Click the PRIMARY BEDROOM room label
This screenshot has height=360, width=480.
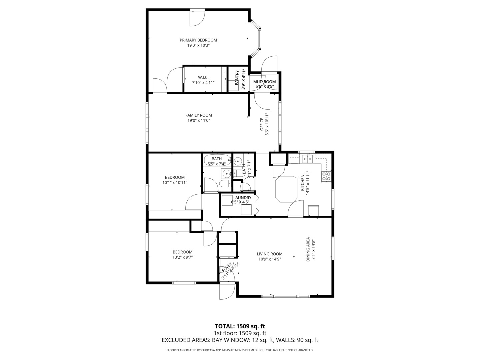pyautogui.click(x=198, y=40)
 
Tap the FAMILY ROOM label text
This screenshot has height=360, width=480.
pyautogui.click(x=199, y=115)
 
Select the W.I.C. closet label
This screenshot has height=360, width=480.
pyautogui.click(x=203, y=77)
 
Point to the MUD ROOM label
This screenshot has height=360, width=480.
pyautogui.click(x=264, y=82)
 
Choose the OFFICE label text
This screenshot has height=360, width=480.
pyautogui.click(x=262, y=124)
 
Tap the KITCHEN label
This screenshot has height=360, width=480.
pyautogui.click(x=303, y=183)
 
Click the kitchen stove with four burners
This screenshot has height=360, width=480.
pyautogui.click(x=326, y=176)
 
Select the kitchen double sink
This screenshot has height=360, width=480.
pyautogui.click(x=307, y=159)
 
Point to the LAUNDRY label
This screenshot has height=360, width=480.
pyautogui.click(x=242, y=198)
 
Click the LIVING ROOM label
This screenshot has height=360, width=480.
pyautogui.click(x=270, y=254)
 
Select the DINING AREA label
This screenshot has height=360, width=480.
pyautogui.click(x=308, y=249)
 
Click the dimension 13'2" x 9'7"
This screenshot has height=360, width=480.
pyautogui.click(x=183, y=257)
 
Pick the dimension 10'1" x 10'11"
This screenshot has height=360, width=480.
pyautogui.click(x=175, y=182)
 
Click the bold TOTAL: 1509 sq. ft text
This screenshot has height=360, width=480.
pyautogui.click(x=240, y=326)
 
